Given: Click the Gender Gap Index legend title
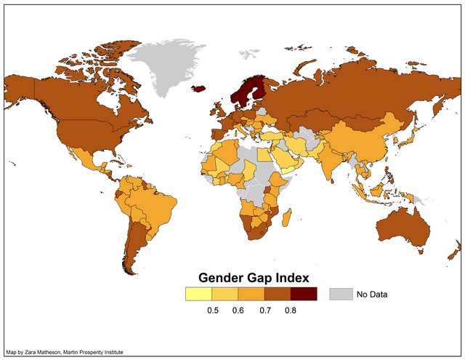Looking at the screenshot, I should [254, 278].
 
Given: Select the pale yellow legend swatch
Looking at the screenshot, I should [198, 294].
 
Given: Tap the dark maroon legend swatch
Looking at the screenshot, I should [304, 294].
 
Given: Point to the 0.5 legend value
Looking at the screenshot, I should [214, 311].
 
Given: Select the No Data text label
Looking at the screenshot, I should [372, 295].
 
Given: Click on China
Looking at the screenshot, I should [363, 138].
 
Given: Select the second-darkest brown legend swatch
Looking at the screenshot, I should [278, 294].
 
